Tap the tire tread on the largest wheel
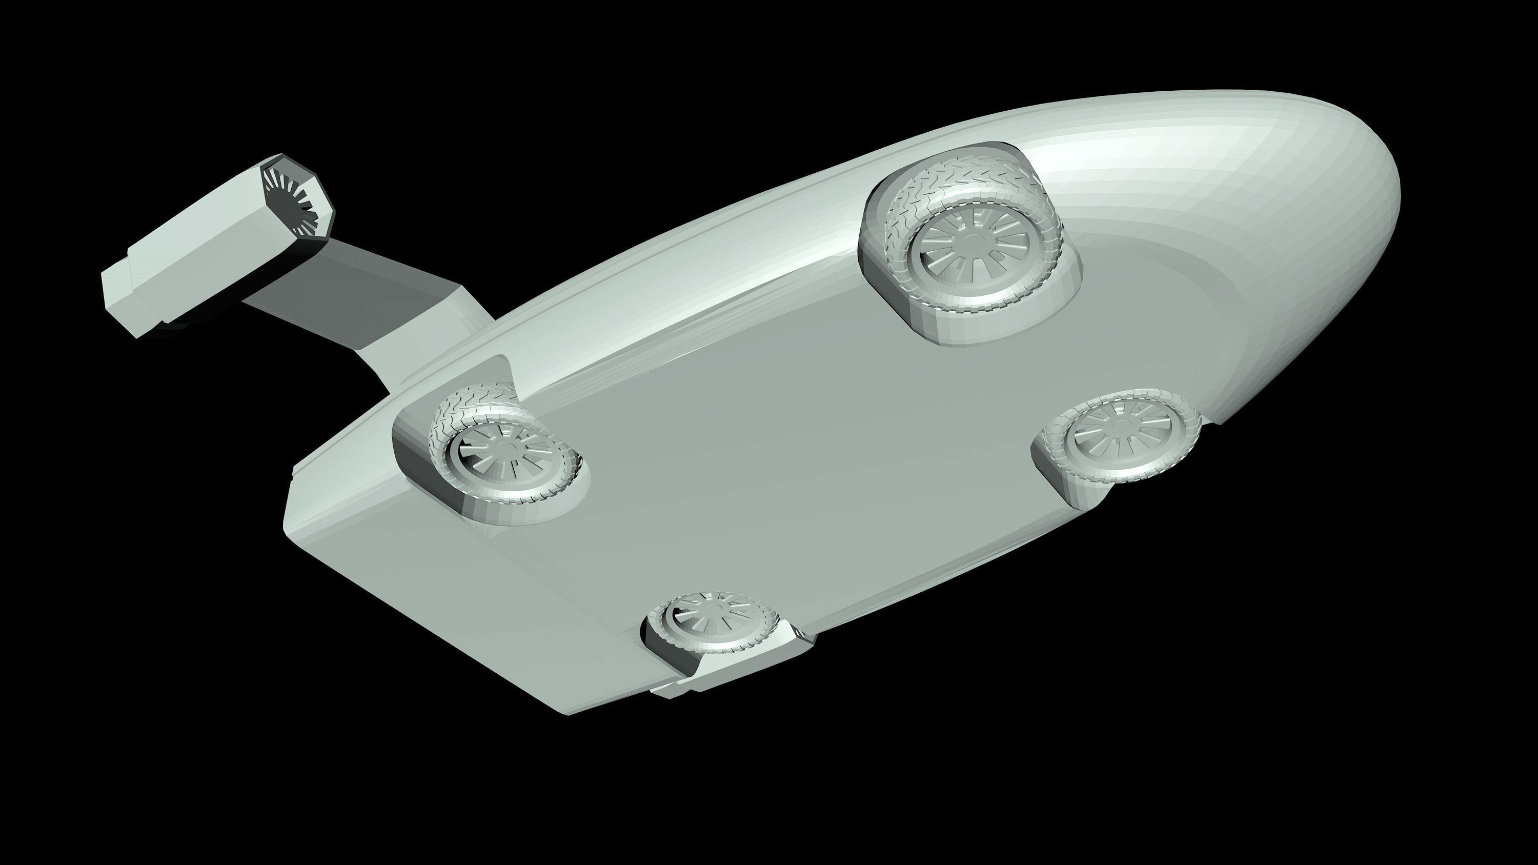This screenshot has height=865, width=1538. pos(955,179)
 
